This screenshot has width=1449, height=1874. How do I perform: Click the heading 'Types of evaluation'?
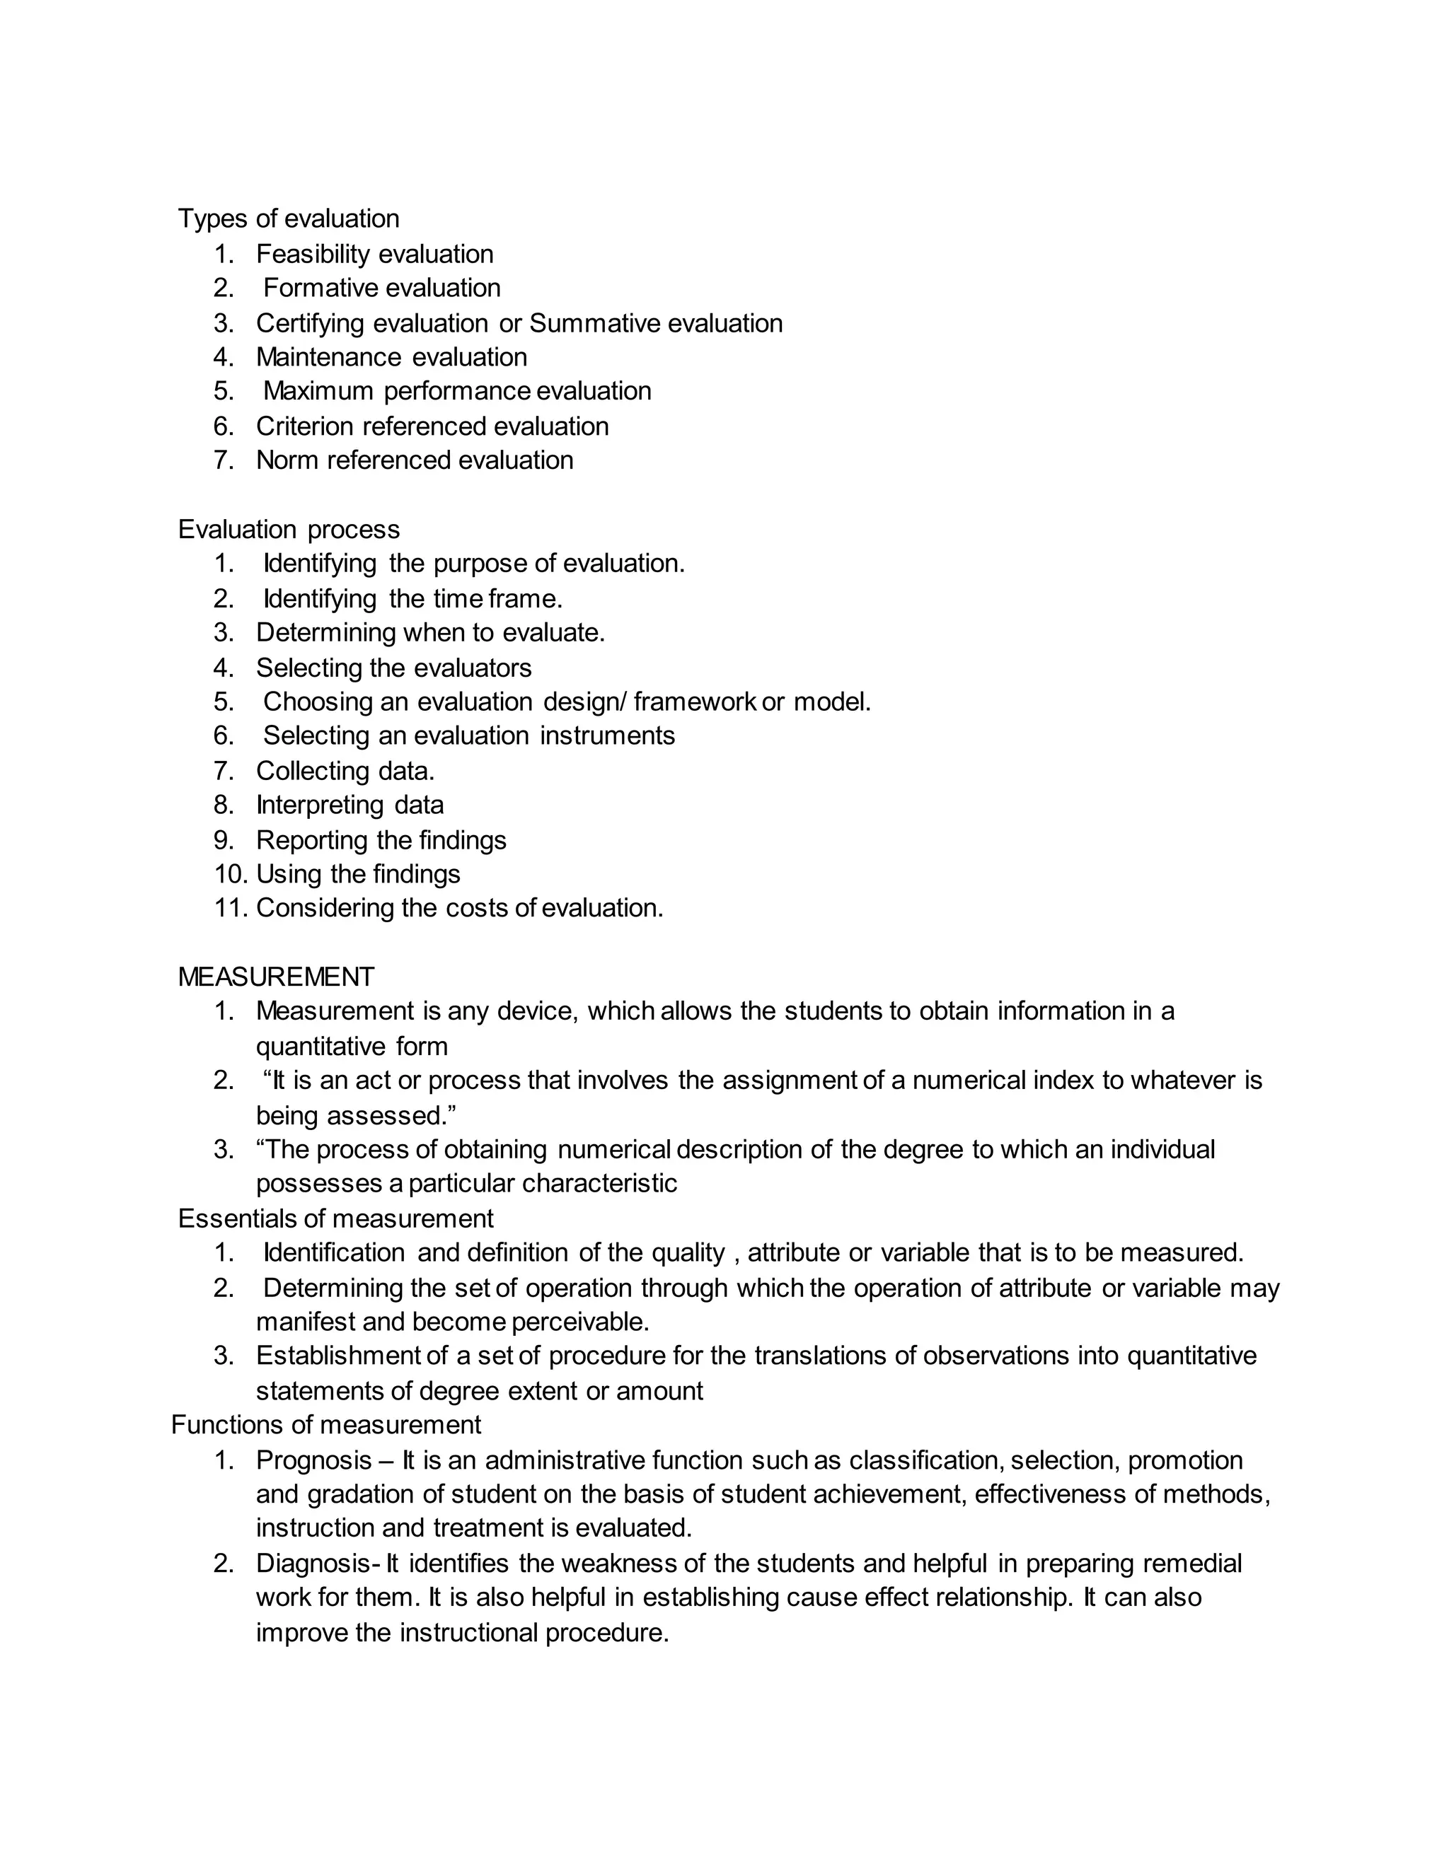tap(289, 219)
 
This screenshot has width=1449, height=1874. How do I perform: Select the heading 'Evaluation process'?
tap(289, 530)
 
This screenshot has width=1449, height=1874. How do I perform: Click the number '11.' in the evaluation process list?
tap(230, 908)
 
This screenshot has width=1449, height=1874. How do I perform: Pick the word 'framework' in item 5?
tap(695, 702)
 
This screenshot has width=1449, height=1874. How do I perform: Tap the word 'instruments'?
tap(607, 736)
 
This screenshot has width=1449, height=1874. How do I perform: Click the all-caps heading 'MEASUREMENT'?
tap(275, 977)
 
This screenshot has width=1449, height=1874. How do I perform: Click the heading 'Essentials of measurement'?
tap(335, 1218)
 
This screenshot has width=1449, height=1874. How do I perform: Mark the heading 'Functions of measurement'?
tap(326, 1425)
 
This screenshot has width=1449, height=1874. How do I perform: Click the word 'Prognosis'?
tap(313, 1460)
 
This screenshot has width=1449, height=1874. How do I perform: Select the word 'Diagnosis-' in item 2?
tap(318, 1564)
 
